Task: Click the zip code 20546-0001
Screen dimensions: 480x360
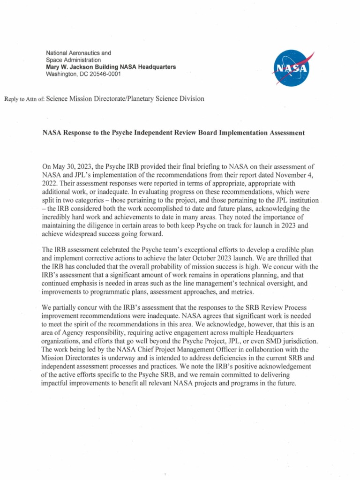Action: tap(104, 74)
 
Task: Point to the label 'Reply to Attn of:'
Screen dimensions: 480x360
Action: tap(23, 99)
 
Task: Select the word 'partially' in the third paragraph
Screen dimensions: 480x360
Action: tap(68, 307)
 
